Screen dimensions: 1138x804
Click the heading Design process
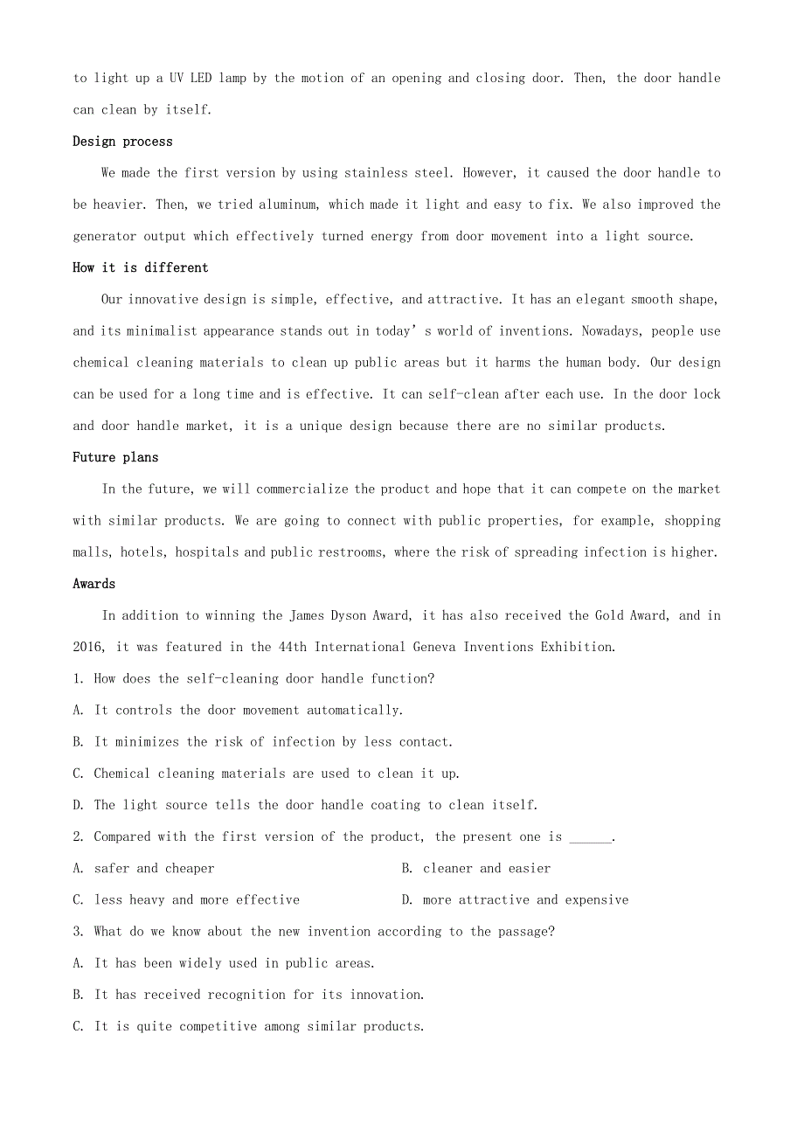pyautogui.click(x=122, y=142)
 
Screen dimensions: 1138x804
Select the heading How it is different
pyautogui.click(x=140, y=267)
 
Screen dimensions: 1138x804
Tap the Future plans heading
pyautogui.click(x=115, y=457)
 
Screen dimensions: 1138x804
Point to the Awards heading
pyautogui.click(x=94, y=584)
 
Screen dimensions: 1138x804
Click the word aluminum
pyautogui.click(x=289, y=205)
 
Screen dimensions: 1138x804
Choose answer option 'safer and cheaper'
pyautogui.click(x=154, y=869)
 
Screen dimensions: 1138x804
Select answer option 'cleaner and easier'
pyautogui.click(x=487, y=869)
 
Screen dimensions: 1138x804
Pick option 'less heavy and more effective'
pyautogui.click(x=197, y=900)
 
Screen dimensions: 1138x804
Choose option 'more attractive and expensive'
pyautogui.click(x=525, y=900)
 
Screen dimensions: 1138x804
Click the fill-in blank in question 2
pyautogui.click(x=591, y=837)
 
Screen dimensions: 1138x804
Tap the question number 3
pyautogui.click(x=78, y=932)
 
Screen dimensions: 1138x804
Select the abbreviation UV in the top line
pyautogui.click(x=176, y=79)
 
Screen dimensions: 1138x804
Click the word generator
pyautogui.click(x=107, y=236)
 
